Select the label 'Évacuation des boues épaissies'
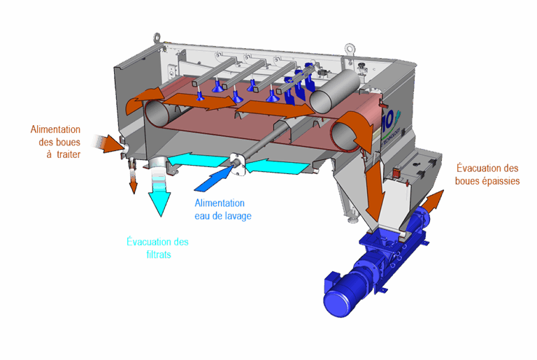[x=487, y=173]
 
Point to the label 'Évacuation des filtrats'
[x=158, y=248]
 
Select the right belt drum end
[x=345, y=132]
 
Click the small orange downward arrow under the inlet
[x=133, y=183]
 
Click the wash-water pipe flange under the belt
[x=238, y=162]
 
